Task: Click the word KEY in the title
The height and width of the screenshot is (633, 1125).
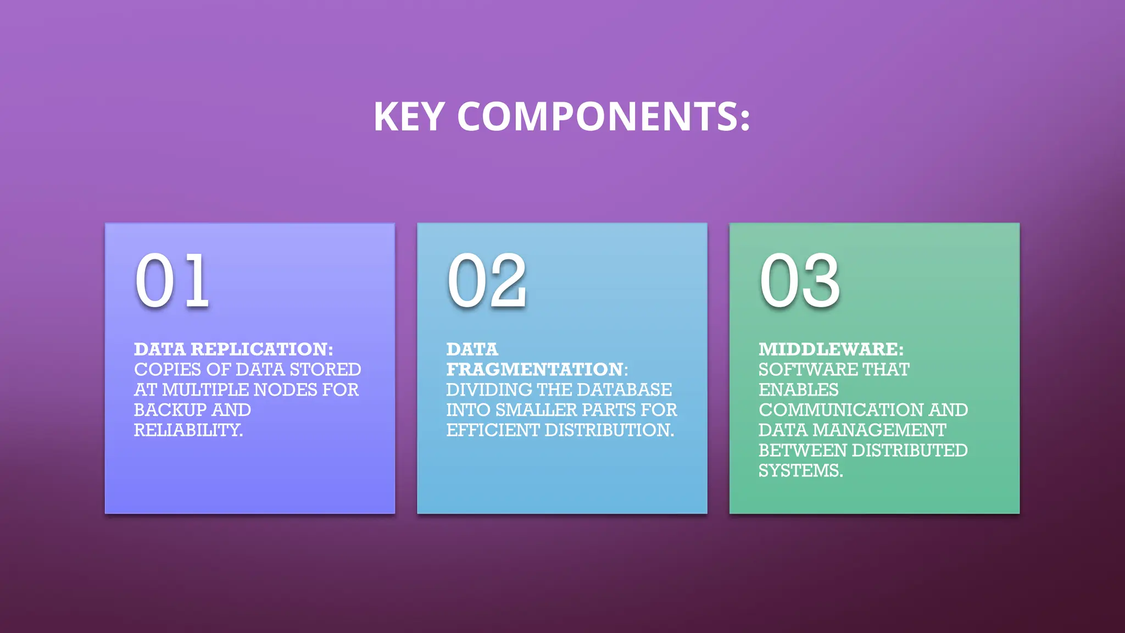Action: tap(409, 116)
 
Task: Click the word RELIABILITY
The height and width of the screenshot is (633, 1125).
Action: tap(187, 430)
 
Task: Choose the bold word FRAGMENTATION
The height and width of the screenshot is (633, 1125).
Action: tap(534, 369)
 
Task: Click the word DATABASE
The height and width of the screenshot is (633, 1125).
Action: tap(625, 390)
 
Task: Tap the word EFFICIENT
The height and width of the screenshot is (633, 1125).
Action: tap(492, 430)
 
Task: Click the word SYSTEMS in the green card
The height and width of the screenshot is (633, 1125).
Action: tap(800, 470)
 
